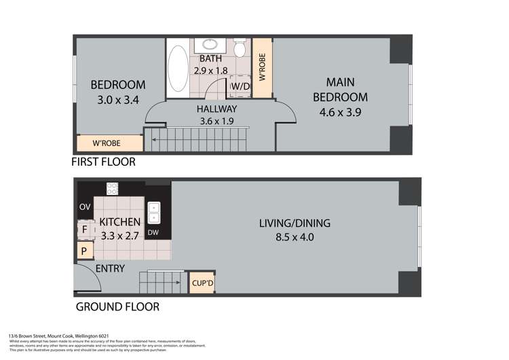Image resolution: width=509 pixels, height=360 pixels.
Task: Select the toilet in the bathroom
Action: [240, 50]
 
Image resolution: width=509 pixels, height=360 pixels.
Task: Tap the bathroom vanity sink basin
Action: [209, 46]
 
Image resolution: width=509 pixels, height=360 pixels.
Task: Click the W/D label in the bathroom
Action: [240, 87]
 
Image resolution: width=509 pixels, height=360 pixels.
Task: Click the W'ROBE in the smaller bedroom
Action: [110, 144]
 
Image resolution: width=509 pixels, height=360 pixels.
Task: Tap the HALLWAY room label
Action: [216, 109]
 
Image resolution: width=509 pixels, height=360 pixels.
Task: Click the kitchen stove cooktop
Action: [112, 189]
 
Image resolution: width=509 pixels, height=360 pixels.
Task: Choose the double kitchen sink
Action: [154, 213]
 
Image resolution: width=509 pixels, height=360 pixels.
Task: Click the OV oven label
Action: [85, 206]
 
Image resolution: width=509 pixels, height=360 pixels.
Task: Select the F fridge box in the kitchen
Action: [85, 230]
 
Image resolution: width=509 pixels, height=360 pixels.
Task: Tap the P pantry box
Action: [84, 251]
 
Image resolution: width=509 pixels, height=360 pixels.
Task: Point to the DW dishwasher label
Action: [153, 232]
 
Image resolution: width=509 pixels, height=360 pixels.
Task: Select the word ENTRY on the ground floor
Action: [110, 269]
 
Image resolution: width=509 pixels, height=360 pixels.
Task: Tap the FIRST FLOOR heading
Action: [104, 162]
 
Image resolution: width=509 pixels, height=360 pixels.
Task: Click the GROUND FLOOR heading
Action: [117, 307]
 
